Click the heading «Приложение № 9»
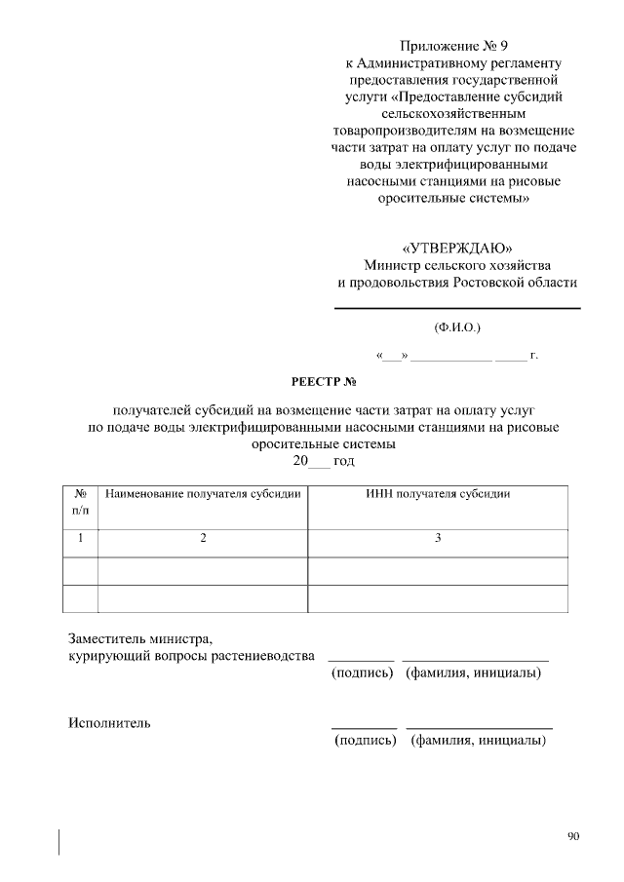click(454, 46)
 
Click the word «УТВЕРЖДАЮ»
click(456, 247)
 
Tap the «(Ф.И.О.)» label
click(457, 327)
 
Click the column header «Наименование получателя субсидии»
click(203, 494)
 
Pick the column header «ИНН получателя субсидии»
click(438, 494)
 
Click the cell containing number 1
click(80, 538)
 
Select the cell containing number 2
click(203, 538)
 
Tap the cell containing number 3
click(438, 538)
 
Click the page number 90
click(572, 835)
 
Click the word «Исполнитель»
click(108, 723)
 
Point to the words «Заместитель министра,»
click(139, 638)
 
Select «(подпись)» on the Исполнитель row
click(365, 741)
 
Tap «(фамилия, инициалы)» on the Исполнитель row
click(478, 741)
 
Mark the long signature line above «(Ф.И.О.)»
click(457, 309)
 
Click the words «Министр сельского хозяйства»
click(456, 264)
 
